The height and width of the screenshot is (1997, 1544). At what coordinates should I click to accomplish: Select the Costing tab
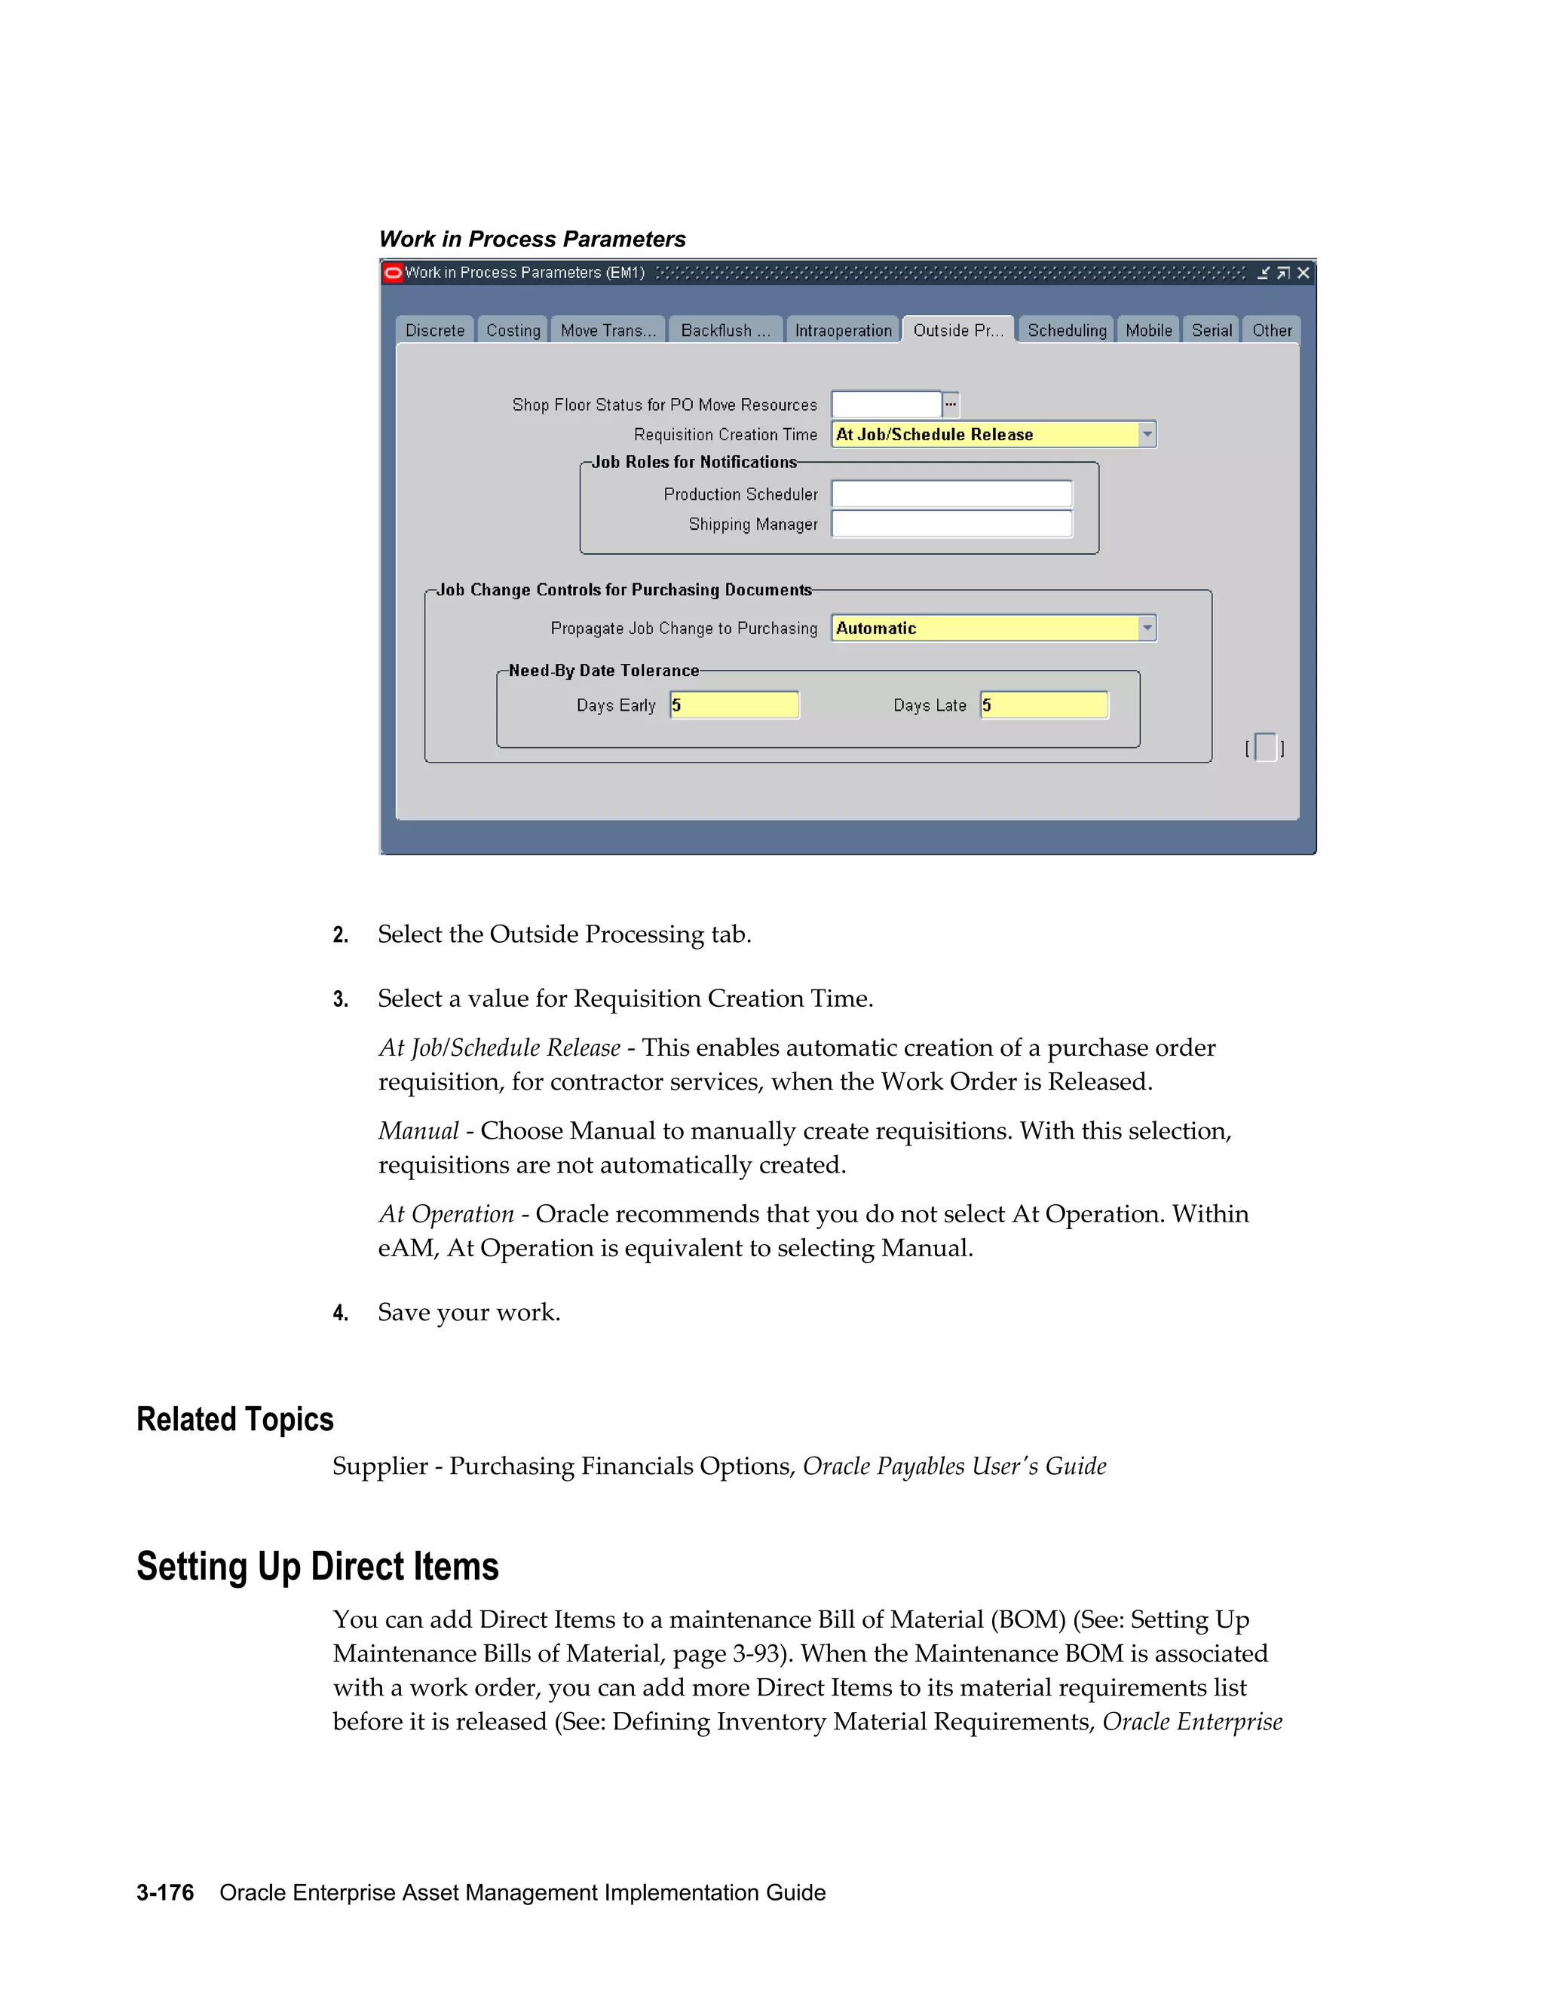[513, 330]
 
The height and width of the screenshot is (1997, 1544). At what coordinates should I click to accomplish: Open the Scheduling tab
[1067, 330]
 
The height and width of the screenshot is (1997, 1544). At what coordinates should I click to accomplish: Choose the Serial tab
[1211, 330]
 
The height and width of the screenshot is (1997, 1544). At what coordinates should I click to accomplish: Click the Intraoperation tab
[842, 330]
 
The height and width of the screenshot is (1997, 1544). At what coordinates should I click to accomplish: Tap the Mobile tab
[1148, 330]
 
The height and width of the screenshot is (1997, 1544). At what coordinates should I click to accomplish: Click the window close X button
[1304, 273]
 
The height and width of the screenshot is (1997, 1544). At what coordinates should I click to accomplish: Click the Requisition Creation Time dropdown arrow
[1147, 434]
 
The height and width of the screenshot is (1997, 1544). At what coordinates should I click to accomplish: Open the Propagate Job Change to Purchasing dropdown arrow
[1147, 628]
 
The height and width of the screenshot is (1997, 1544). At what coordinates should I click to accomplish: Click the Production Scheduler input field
[951, 494]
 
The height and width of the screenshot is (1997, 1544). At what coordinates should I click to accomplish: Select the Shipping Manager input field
[951, 524]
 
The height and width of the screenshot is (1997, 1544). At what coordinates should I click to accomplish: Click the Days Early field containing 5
[734, 705]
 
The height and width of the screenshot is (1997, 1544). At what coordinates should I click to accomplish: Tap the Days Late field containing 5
[1043, 705]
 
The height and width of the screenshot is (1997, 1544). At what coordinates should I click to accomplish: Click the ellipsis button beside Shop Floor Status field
[951, 404]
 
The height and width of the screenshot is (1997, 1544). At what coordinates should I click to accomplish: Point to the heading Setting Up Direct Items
[317, 1567]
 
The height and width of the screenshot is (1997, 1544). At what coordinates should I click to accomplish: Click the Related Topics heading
[235, 1419]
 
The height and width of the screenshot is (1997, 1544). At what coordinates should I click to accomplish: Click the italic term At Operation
[446, 1214]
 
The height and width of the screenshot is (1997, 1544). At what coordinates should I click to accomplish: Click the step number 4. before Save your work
[340, 1313]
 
